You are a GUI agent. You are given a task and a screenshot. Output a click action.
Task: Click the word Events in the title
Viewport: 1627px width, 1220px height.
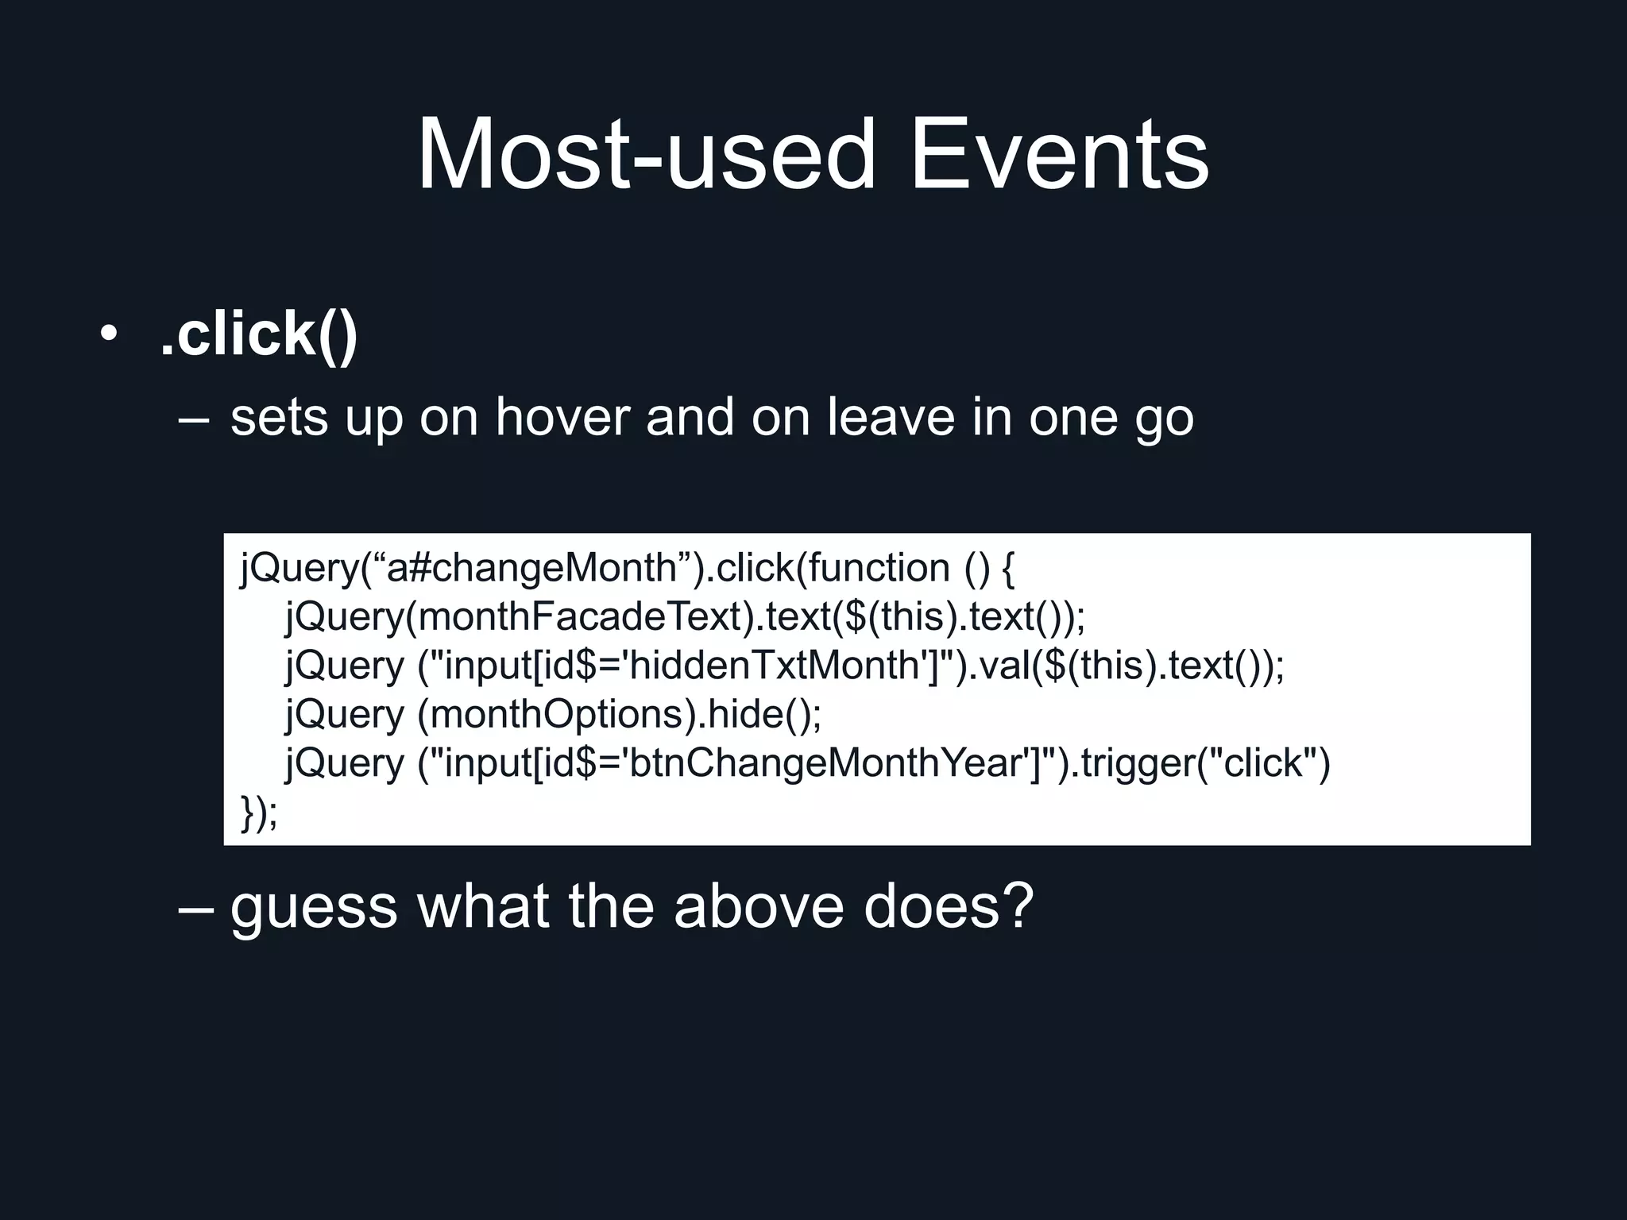coord(1058,154)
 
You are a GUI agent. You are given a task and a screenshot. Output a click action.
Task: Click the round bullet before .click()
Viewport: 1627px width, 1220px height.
coord(109,334)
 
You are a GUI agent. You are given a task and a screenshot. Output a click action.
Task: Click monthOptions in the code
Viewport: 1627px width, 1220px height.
coord(557,714)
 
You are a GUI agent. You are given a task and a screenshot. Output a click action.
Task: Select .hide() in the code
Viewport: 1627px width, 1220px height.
coord(759,714)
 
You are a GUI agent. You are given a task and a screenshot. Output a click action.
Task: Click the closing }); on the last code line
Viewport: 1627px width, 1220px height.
coord(259,813)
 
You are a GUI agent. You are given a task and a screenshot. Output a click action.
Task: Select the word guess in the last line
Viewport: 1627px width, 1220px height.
coord(313,908)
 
